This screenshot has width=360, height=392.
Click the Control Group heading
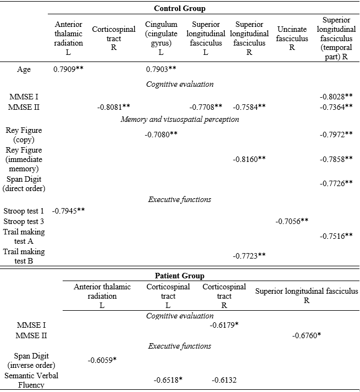(180, 8)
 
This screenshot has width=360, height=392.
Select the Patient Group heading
(180, 276)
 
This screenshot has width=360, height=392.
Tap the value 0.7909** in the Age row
(69, 70)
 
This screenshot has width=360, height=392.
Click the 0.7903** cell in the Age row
(161, 70)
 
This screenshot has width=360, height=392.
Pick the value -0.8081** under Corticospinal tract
(114, 107)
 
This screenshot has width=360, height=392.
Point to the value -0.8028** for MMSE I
(336, 97)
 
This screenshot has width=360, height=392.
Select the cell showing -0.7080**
(161, 135)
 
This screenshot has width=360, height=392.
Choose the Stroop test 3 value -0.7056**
(292, 221)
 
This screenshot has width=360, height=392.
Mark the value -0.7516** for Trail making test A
(336, 236)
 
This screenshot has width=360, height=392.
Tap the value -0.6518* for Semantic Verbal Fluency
(168, 380)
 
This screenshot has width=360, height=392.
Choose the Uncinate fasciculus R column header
(291, 38)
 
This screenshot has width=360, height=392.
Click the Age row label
(24, 70)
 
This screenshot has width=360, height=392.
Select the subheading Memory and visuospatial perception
(180, 119)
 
